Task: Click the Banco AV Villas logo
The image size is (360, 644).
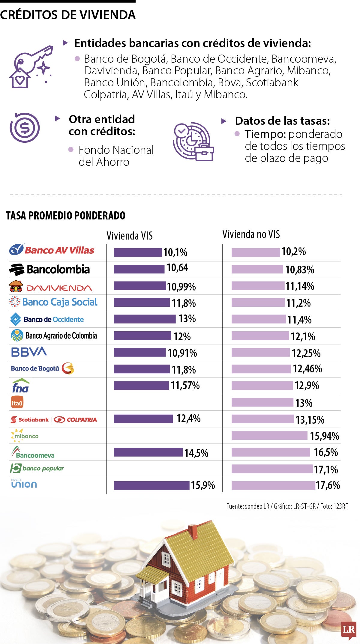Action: pyautogui.click(x=52, y=250)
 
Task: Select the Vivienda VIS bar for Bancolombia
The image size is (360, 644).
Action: pyautogui.click(x=139, y=269)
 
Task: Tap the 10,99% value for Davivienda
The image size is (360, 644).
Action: pyautogui.click(x=181, y=287)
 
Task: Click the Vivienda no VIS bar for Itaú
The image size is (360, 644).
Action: pyautogui.click(x=262, y=402)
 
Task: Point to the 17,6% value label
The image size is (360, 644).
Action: pyautogui.click(x=328, y=485)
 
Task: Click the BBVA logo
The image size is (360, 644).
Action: pyautogui.click(x=29, y=352)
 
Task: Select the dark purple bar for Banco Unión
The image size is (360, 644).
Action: pyautogui.click(x=151, y=485)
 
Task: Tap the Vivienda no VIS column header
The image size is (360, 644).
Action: pyautogui.click(x=251, y=234)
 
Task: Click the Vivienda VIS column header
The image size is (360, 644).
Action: pyautogui.click(x=130, y=236)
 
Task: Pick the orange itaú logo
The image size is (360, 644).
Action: pyautogui.click(x=17, y=402)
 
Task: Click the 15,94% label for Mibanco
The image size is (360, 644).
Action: pyautogui.click(x=324, y=436)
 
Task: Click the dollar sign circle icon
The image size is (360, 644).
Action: pyautogui.click(x=25, y=128)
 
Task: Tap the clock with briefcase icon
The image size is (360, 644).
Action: pyautogui.click(x=193, y=142)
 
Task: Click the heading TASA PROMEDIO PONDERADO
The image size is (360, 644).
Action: pyautogui.click(x=66, y=216)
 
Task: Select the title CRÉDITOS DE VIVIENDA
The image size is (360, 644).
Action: pyautogui.click(x=68, y=15)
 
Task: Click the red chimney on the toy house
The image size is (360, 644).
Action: pyautogui.click(x=193, y=532)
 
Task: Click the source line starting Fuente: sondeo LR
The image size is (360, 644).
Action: pyautogui.click(x=287, y=506)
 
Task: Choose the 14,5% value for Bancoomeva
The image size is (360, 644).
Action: pyautogui.click(x=196, y=453)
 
